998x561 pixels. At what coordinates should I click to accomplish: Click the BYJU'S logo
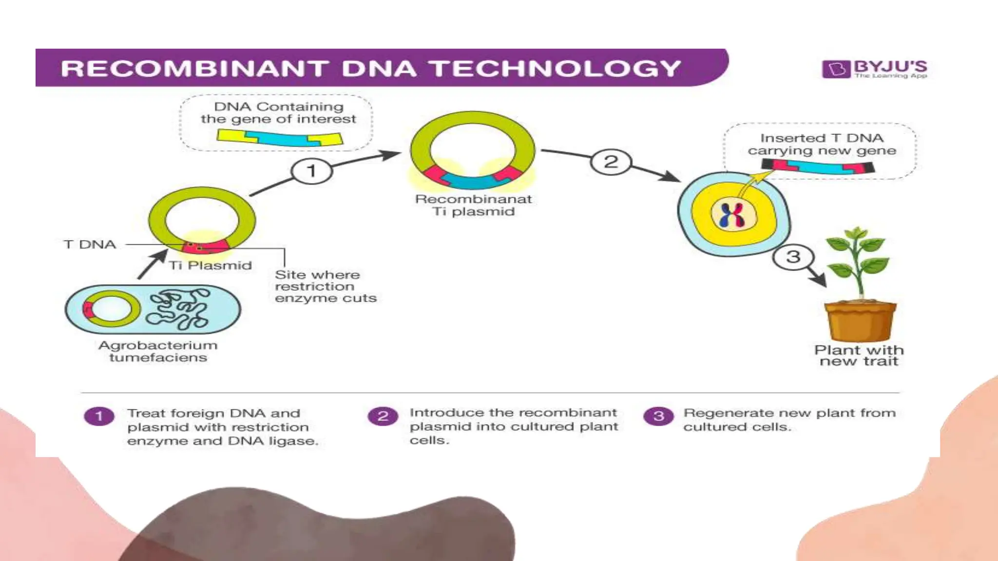click(x=874, y=69)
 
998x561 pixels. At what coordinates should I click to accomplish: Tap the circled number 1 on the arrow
click(x=311, y=171)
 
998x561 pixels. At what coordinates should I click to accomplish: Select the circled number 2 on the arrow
click(x=611, y=162)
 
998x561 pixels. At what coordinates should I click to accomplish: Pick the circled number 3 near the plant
click(x=793, y=257)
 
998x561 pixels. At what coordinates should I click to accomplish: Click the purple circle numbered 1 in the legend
click(x=99, y=416)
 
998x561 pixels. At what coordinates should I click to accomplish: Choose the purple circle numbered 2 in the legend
click(x=383, y=416)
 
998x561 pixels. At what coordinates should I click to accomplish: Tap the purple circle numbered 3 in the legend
click(x=658, y=416)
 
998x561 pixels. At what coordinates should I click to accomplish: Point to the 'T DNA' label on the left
click(x=90, y=244)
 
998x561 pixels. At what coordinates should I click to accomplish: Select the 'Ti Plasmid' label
click(x=211, y=266)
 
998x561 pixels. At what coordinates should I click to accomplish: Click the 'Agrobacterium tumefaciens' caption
click(x=158, y=351)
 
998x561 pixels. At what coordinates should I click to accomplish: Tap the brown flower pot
click(x=860, y=321)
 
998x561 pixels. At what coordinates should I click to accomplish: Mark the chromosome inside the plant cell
click(x=733, y=215)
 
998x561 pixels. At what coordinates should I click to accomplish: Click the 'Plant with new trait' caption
click(x=859, y=355)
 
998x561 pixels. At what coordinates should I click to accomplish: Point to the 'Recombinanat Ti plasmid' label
click(x=473, y=205)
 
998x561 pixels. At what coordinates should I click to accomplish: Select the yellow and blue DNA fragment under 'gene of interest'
click(x=280, y=138)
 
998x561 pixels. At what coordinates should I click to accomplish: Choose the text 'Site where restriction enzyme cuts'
click(x=326, y=286)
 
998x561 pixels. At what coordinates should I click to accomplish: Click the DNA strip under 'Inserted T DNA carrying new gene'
click(x=818, y=167)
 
